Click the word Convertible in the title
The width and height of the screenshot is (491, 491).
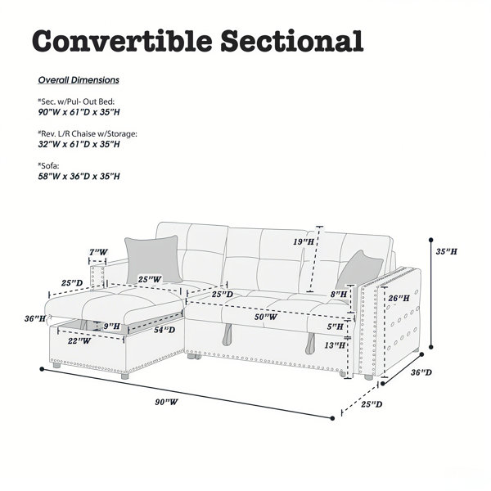[122, 41]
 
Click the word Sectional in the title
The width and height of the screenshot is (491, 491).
[292, 41]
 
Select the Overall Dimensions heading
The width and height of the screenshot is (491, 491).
[79, 80]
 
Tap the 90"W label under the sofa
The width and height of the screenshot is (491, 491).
[166, 402]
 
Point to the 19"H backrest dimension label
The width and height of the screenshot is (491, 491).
[304, 241]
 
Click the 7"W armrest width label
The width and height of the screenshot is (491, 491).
[98, 252]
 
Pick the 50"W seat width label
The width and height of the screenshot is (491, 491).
[265, 317]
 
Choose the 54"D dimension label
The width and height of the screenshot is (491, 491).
[164, 330]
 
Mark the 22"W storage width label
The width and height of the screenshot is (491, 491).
[79, 340]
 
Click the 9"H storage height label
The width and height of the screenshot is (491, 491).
[112, 327]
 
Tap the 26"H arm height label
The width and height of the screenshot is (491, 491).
[399, 298]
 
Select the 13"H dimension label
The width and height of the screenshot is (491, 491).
[335, 345]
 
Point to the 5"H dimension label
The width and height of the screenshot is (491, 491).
[336, 327]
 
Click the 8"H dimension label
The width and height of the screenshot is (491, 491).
[339, 295]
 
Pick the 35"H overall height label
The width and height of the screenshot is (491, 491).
[447, 251]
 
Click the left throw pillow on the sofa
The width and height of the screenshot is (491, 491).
[154, 259]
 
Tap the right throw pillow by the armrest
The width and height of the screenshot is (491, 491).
[359, 271]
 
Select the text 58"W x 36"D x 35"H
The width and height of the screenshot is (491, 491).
[79, 176]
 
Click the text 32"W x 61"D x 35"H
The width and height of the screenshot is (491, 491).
[79, 144]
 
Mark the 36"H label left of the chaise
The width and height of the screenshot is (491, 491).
[35, 319]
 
